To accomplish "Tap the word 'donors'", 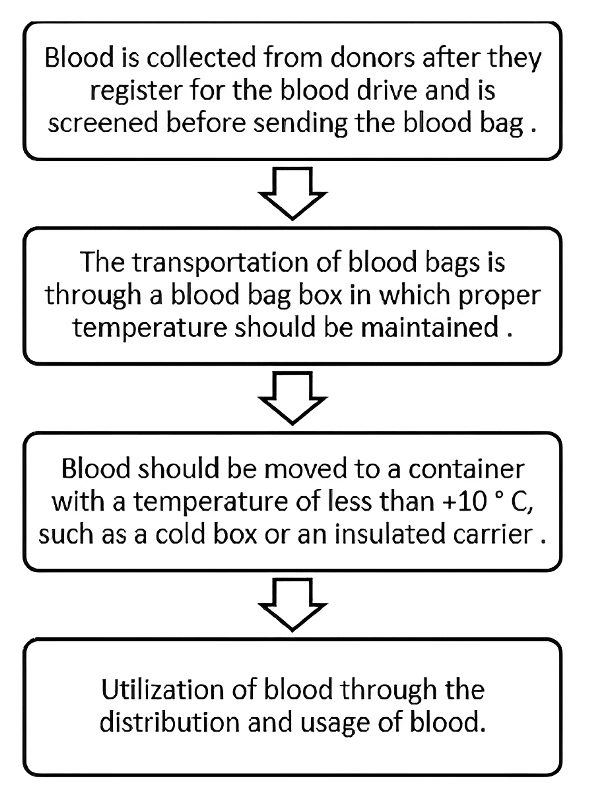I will (372, 58).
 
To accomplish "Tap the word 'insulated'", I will (390, 534).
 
